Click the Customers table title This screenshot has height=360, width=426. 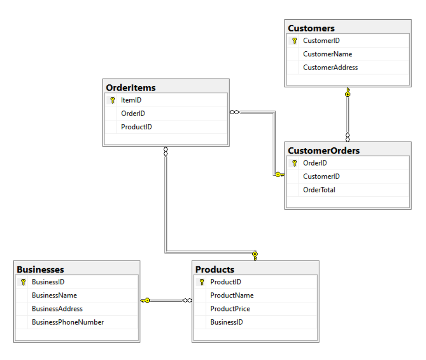tap(311, 28)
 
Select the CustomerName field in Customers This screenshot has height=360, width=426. tap(327, 54)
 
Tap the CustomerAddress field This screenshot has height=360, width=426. tap(330, 68)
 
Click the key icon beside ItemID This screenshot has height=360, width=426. tap(112, 100)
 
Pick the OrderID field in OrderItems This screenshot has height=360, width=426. tap(133, 113)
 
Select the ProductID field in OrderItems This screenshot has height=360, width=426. tap(136, 127)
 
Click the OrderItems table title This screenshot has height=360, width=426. tap(131, 88)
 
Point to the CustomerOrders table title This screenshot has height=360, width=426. tap(324, 151)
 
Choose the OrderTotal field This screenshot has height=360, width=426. tap(319, 190)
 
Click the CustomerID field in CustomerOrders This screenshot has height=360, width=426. tap(321, 176)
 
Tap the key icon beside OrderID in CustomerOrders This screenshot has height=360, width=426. tap(294, 163)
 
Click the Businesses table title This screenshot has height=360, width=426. tap(41, 270)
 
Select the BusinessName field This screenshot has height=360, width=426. tap(54, 295)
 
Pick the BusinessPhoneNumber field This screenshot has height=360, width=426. tap(68, 322)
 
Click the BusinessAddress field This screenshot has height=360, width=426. tap(57, 309)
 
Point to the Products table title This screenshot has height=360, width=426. tap(215, 270)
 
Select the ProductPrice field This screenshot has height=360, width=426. tap(230, 309)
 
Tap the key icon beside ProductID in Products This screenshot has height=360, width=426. tap(202, 282)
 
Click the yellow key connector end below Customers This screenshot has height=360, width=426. tap(347, 92)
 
